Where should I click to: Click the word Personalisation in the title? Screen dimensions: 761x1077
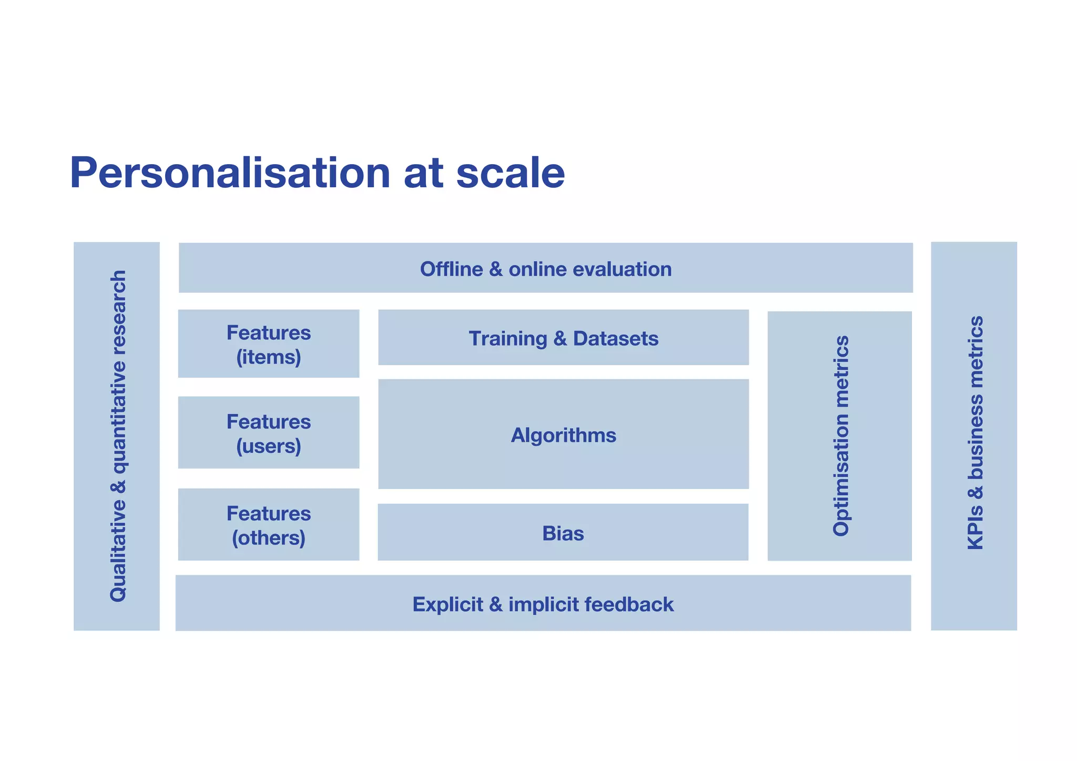(x=230, y=174)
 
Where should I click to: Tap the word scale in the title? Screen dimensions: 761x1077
(x=510, y=174)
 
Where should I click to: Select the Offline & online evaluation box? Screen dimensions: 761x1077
(x=545, y=268)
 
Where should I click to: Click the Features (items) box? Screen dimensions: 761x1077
(x=268, y=344)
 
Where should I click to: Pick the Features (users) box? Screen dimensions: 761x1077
(x=268, y=433)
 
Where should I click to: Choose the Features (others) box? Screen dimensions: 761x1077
(x=268, y=524)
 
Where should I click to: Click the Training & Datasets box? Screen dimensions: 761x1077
(x=563, y=338)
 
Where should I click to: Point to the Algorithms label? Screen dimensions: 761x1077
(x=563, y=435)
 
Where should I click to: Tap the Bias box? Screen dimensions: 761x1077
(x=563, y=533)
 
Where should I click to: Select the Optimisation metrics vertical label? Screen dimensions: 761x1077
(x=841, y=436)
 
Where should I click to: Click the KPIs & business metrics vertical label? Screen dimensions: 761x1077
(x=975, y=433)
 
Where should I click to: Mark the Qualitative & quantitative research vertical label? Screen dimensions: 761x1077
(x=118, y=436)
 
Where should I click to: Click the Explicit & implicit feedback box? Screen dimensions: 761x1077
(x=543, y=604)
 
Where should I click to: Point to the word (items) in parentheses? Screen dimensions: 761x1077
(x=268, y=358)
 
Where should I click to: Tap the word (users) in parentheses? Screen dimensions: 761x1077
(x=268, y=447)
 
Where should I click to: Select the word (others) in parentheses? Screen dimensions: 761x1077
(x=268, y=538)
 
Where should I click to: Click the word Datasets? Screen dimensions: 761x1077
(x=615, y=339)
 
